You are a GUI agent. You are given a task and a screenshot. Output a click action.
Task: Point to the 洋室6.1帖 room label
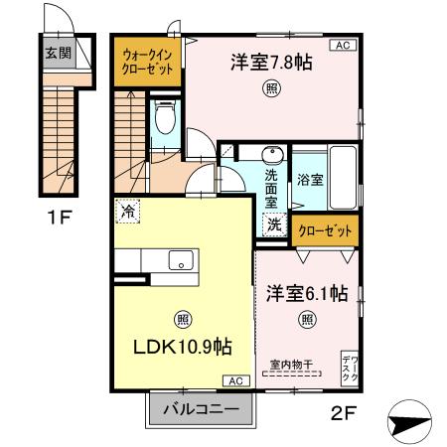pyautogui.click(x=306, y=294)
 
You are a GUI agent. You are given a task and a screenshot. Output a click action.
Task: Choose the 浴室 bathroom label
pyautogui.click(x=310, y=180)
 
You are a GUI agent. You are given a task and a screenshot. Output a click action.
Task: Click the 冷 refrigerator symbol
pyautogui.click(x=127, y=211)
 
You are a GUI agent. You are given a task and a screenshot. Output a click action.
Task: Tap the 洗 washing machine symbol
pyautogui.click(x=272, y=224)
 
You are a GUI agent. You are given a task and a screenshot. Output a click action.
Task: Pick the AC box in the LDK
pyautogui.click(x=236, y=380)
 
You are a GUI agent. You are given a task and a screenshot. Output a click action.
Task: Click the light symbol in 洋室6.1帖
pyautogui.click(x=307, y=320)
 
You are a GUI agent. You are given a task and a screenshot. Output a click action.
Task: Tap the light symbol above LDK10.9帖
pyautogui.click(x=183, y=320)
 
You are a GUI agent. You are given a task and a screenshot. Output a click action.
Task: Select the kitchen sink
pyautogui.click(x=181, y=261)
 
